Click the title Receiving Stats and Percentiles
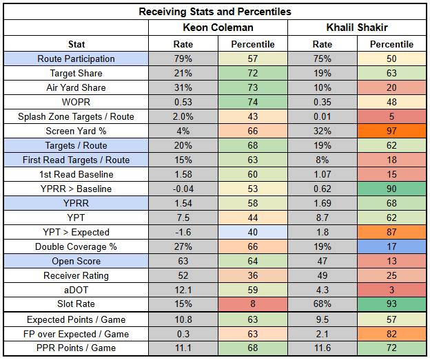coord(214,12)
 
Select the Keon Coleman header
coord(218,28)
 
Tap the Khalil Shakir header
coord(357,28)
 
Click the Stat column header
coord(76,45)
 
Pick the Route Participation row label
coord(76,59)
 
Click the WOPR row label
coord(76,103)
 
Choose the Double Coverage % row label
coord(76,247)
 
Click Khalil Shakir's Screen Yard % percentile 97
coord(391,131)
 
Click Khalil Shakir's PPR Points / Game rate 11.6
coord(322,349)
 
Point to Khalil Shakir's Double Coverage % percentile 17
coord(391,247)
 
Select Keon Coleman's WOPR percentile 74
coord(252,103)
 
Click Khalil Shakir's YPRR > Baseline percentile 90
coord(391,189)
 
